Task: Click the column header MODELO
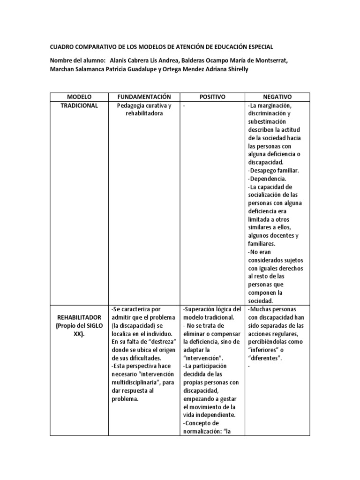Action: click(78, 97)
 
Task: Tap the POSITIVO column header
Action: click(212, 97)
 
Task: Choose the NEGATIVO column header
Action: click(277, 97)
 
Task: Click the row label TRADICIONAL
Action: click(79, 105)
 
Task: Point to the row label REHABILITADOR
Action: click(78, 317)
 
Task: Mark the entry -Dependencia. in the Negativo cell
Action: click(266, 179)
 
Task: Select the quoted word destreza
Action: click(159, 342)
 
